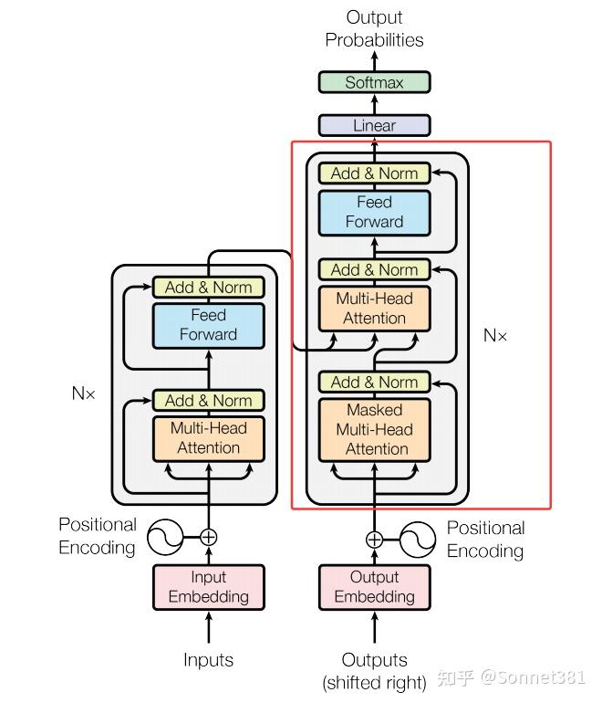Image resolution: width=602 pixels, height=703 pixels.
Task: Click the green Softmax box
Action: pyautogui.click(x=374, y=82)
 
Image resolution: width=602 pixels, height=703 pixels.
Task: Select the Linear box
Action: pyautogui.click(x=374, y=125)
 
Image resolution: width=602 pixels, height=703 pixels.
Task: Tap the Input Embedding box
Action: pyautogui.click(x=208, y=586)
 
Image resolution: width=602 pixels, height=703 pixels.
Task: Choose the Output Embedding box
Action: pyautogui.click(x=374, y=586)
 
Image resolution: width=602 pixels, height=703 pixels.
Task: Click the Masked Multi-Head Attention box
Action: pyautogui.click(x=374, y=429)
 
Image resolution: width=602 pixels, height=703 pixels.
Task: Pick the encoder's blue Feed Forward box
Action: pyautogui.click(x=208, y=324)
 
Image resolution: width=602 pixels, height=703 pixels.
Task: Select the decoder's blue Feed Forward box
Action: pyautogui.click(x=374, y=212)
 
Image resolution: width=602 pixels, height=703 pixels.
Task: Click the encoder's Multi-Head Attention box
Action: pyautogui.click(x=208, y=437)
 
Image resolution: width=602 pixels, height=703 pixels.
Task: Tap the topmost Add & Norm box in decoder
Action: pyautogui.click(x=374, y=173)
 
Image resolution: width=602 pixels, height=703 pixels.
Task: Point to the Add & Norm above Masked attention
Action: pyautogui.click(x=374, y=382)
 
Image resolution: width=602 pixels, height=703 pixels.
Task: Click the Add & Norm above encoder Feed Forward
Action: pyautogui.click(x=208, y=287)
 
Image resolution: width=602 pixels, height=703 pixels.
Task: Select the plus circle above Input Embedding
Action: pyautogui.click(x=208, y=537)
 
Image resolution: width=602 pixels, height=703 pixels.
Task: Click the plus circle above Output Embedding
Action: pyautogui.click(x=374, y=539)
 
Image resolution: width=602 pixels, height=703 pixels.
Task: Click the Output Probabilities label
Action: pyautogui.click(x=374, y=28)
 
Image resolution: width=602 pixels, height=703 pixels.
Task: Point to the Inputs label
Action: pyautogui.click(x=208, y=659)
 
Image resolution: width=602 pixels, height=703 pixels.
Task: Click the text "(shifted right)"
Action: pyautogui.click(x=374, y=682)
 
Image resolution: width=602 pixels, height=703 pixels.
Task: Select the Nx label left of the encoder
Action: pyautogui.click(x=84, y=393)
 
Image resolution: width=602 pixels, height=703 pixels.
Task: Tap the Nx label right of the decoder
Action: pyautogui.click(x=495, y=336)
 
